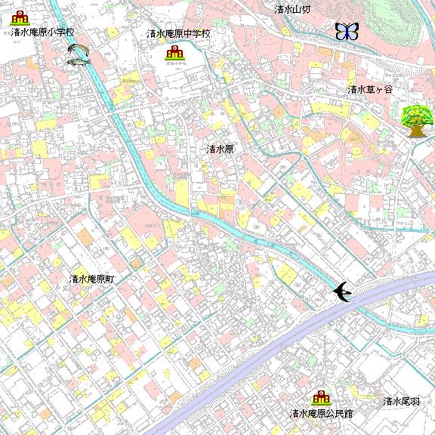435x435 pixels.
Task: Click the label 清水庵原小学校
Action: tap(43, 33)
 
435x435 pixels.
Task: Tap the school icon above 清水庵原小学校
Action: tap(20, 17)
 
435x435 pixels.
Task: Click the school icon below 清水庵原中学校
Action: tap(174, 52)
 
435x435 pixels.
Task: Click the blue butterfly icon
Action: tap(347, 31)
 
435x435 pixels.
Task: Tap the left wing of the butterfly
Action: tap(341, 31)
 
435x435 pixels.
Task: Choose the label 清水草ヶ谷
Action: tap(370, 89)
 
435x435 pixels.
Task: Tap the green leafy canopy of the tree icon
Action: tap(416, 116)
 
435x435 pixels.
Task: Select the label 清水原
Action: tap(221, 150)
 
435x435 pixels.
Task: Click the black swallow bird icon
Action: tap(342, 292)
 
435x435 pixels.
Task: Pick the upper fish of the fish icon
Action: tap(79, 50)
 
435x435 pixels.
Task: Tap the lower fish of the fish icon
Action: tap(78, 60)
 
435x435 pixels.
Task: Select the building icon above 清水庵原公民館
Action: tap(321, 397)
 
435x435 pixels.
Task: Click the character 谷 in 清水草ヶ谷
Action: tap(388, 89)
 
